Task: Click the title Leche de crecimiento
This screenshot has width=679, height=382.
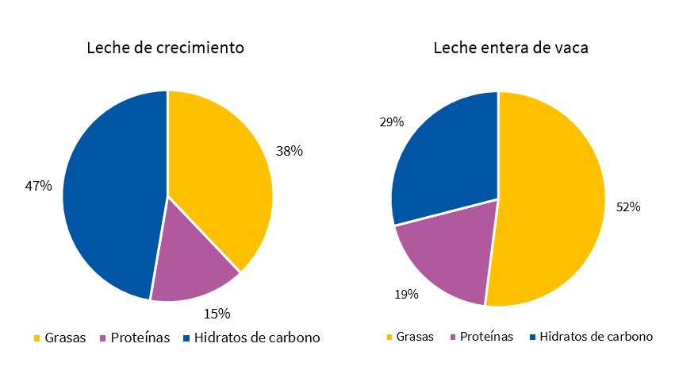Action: coord(165,48)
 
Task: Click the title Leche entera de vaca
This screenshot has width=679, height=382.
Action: coord(510,48)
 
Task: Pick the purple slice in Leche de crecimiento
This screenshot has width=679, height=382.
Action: coord(190,262)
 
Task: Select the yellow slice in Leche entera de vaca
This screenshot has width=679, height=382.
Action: coord(555,206)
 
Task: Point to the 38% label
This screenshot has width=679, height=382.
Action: coord(289,150)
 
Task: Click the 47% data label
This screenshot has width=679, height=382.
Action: coord(39,186)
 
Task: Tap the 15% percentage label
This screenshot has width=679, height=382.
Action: coord(217,313)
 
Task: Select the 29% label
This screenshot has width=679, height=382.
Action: coord(392,122)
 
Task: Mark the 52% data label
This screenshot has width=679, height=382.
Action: coord(628,206)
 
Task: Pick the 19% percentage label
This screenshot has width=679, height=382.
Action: coord(406,294)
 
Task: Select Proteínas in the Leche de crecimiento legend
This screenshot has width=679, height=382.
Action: coord(140,338)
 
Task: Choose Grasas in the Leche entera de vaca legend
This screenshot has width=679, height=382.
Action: coord(415,337)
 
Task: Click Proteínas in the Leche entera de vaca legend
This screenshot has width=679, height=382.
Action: coord(487,337)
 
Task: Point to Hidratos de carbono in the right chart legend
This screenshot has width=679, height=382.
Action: coord(596,337)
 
